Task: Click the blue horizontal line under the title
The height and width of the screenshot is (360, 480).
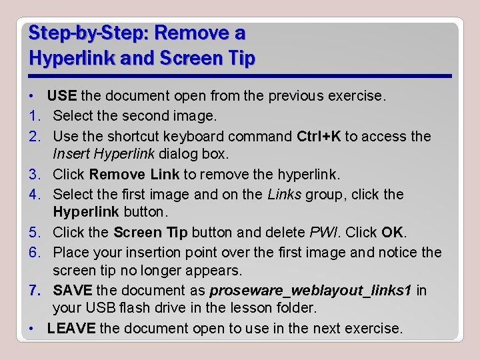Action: click(x=240, y=76)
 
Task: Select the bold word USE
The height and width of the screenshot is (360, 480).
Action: click(x=62, y=96)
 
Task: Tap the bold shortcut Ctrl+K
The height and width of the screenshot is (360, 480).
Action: click(x=319, y=136)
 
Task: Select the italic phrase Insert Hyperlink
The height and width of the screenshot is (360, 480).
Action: click(x=103, y=155)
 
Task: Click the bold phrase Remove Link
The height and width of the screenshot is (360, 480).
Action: click(x=134, y=175)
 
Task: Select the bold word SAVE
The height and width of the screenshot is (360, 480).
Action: click(x=73, y=291)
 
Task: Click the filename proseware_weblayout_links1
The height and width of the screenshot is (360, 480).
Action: click(x=311, y=291)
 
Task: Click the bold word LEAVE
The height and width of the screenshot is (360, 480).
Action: click(x=72, y=329)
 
